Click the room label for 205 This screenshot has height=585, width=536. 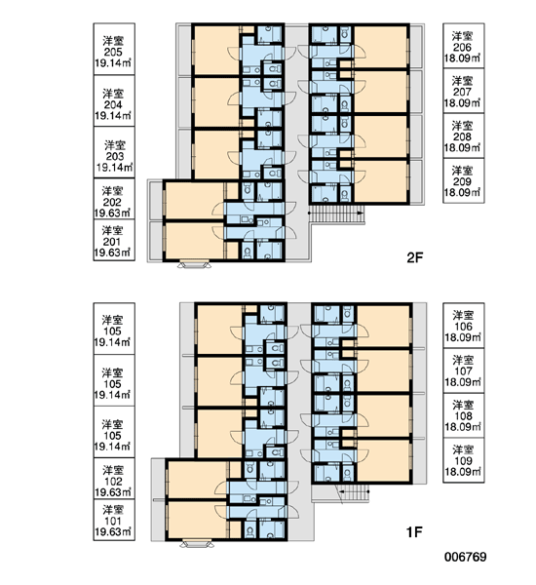point(114,49)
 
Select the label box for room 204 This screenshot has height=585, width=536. point(114,100)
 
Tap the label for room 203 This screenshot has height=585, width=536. point(114,152)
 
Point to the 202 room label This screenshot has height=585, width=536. point(114,199)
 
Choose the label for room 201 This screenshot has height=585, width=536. point(114,240)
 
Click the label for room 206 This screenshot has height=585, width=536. point(464,46)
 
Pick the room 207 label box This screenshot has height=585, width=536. point(464,91)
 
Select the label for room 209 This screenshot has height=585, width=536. point(464,181)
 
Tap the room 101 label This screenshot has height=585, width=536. point(114,520)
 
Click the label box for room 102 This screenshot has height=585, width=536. point(114,479)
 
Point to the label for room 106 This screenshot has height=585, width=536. point(464,326)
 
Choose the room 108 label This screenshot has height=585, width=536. point(464,415)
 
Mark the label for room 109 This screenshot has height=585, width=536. point(464,460)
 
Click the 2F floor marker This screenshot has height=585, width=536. point(415,257)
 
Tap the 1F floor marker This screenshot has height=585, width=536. point(414,532)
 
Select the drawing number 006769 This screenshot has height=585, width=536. point(465,557)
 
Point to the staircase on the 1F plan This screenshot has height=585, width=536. point(354,493)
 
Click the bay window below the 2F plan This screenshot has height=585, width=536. point(194,264)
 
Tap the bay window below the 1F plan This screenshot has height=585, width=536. point(197,544)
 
